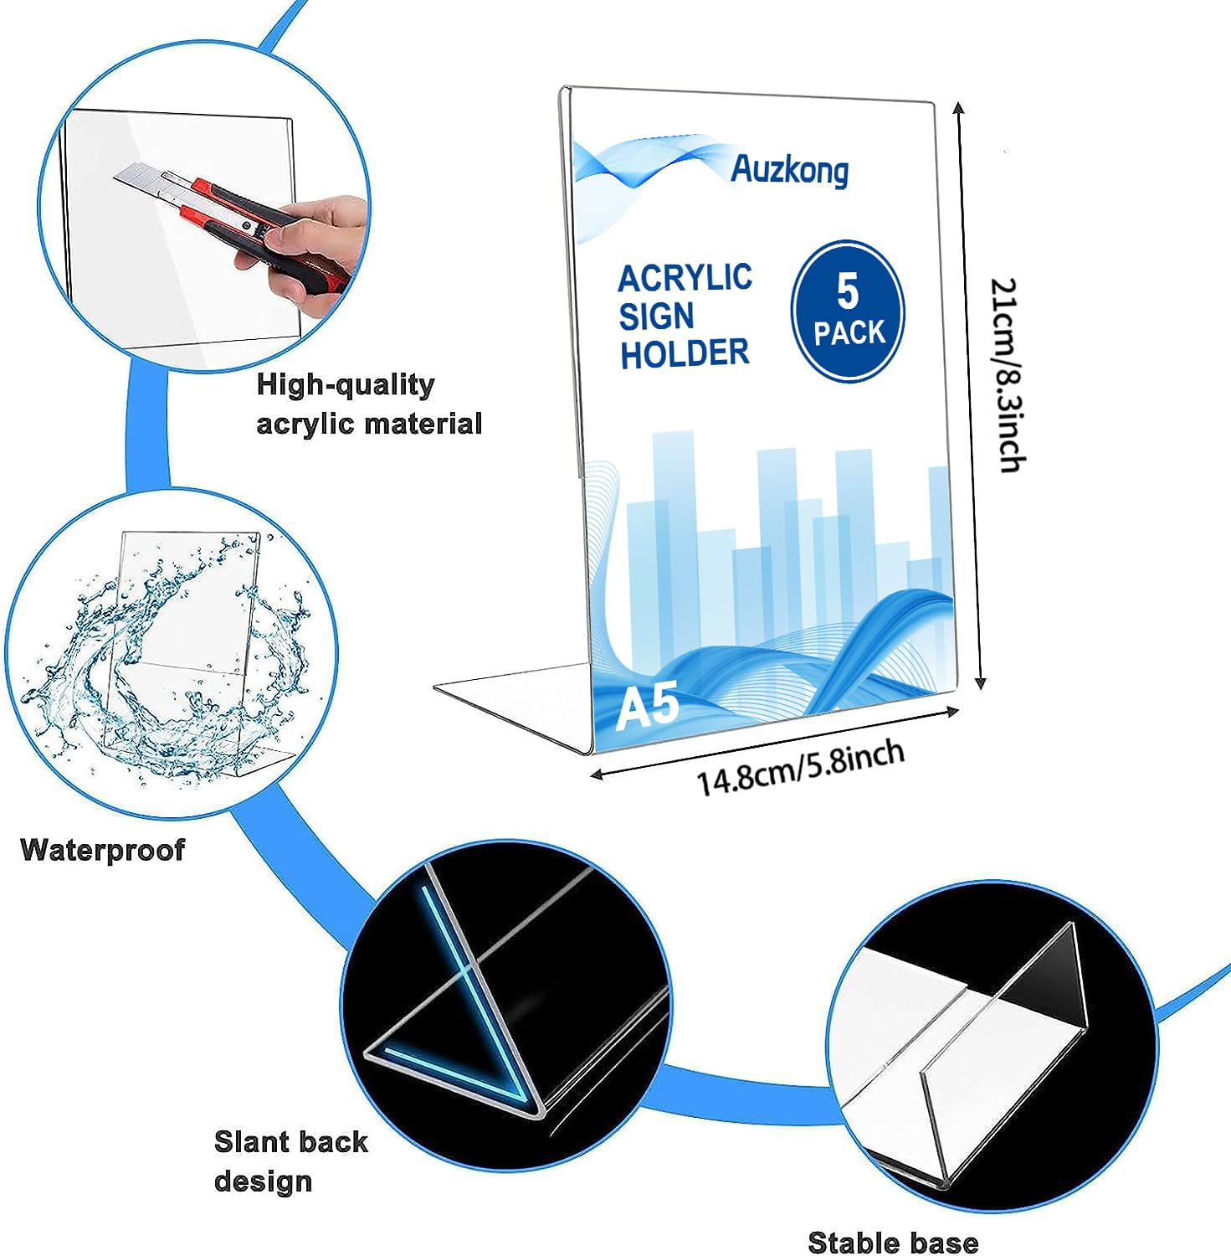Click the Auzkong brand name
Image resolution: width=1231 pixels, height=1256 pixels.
point(789,171)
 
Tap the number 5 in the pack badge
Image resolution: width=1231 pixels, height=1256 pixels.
point(848,291)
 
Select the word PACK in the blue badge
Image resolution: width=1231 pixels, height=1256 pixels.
point(849,332)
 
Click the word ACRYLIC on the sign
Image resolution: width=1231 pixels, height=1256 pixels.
point(685,278)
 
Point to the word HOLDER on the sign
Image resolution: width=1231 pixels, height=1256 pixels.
point(685,353)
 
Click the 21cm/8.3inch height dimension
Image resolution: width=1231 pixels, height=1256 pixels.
point(1007,375)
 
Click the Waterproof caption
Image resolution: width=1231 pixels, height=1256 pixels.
point(102,850)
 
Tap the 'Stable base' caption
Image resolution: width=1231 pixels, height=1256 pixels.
point(893,1242)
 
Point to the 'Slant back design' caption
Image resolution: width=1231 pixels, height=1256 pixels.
point(290,1161)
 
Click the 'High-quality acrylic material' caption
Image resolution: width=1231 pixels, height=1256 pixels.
point(369,404)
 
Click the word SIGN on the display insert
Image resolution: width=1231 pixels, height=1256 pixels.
point(657,317)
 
